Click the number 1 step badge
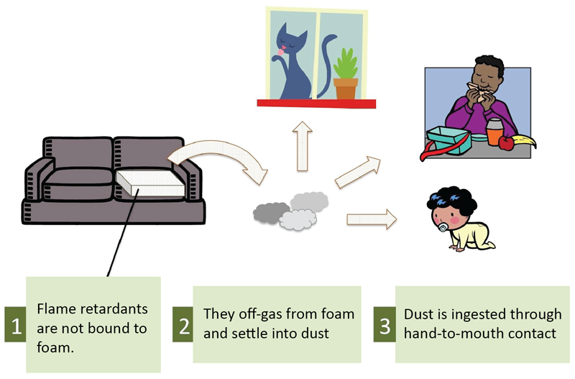(14, 325)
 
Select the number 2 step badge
(183, 325)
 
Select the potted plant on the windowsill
(346, 76)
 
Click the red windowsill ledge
(316, 104)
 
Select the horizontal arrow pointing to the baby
(371, 217)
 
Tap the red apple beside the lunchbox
(506, 143)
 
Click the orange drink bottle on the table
(493, 133)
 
